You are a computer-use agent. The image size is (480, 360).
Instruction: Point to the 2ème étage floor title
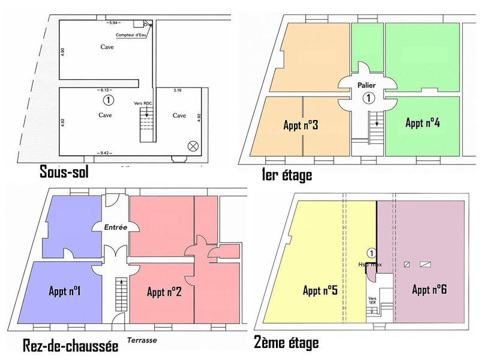pos(286,343)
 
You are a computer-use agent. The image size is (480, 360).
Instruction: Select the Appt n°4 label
pos(423,123)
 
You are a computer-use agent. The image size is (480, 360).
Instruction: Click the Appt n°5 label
pos(320,290)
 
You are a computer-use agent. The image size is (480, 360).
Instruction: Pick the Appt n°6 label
pos(429,289)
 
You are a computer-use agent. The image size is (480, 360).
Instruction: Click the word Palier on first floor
pos(367,86)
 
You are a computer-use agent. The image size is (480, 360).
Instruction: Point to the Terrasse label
pos(142,340)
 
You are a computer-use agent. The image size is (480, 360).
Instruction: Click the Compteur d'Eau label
pos(131,35)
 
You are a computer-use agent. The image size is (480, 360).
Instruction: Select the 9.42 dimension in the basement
pos(104,154)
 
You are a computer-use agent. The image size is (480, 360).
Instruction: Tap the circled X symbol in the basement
pos(193,145)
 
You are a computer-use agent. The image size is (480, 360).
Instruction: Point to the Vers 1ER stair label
pos(372,299)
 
